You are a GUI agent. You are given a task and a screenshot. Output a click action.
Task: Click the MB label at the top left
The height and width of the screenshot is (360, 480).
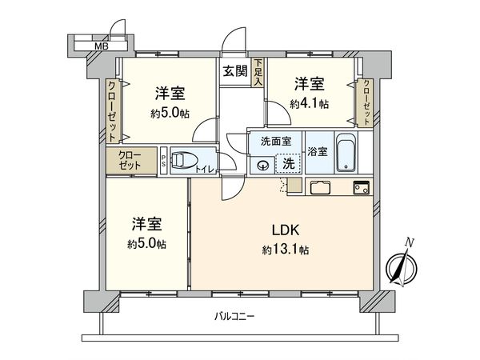tap(101, 46)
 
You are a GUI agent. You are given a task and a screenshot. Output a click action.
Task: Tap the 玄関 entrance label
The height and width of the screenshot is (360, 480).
tap(235, 70)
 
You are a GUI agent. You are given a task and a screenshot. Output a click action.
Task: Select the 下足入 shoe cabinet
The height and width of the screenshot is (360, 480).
tap(258, 72)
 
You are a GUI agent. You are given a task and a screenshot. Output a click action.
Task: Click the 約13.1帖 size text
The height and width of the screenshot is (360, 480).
tap(285, 250)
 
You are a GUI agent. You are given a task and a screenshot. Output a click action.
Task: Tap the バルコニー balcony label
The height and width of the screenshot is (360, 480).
tap(234, 316)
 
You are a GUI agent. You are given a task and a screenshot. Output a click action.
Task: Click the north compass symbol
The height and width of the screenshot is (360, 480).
tap(399, 266)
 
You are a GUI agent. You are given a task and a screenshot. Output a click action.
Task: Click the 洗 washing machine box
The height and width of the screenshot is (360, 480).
tap(288, 163)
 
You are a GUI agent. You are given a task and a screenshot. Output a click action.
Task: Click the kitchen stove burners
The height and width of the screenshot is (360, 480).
tap(360, 188)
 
